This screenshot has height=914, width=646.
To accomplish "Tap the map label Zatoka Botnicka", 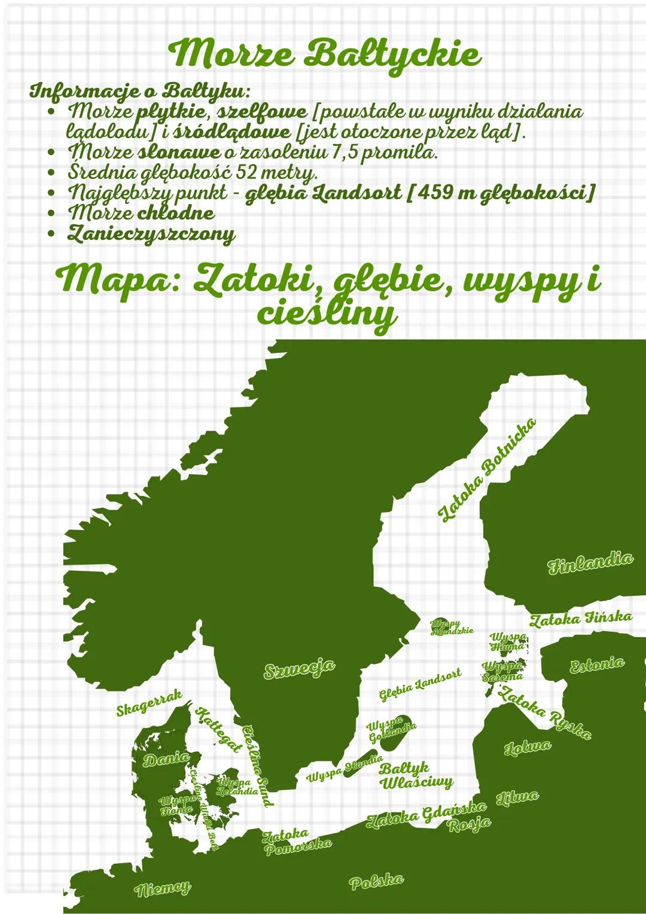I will (486, 470).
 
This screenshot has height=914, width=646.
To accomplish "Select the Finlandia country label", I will (590, 563).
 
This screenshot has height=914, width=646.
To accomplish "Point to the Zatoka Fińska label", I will (580, 619).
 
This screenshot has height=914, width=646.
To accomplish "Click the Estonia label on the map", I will (596, 665).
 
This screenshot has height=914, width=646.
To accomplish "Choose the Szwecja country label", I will (299, 668).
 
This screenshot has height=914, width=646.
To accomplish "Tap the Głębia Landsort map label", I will (420, 684).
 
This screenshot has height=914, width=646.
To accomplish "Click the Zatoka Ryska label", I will (545, 712).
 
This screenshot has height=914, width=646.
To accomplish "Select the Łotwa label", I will (527, 747).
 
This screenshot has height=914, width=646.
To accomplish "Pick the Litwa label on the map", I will (517, 797).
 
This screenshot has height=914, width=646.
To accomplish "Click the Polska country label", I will (376, 881).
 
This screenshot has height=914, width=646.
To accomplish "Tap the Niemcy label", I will (163, 888).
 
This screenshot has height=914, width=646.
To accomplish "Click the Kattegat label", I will (219, 729).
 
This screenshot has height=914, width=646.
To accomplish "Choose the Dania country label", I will (166, 759).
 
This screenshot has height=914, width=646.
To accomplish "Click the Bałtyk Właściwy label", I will (416, 775).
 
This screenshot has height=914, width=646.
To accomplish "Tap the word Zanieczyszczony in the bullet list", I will (151, 233).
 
